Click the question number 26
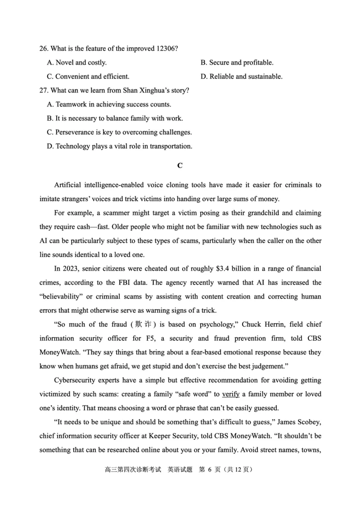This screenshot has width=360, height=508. coord(44,49)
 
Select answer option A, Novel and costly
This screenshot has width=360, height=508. coord(76,62)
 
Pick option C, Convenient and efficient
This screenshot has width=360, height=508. coord(88,76)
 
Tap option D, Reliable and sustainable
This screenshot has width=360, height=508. coord(241,76)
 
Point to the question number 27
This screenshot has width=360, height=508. coord(44,90)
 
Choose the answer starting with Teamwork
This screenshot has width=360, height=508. coord(108,104)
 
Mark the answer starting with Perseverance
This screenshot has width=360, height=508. coord(119,132)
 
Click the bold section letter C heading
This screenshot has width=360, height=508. coord(180,165)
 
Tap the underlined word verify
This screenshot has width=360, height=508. coord(230,394)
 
